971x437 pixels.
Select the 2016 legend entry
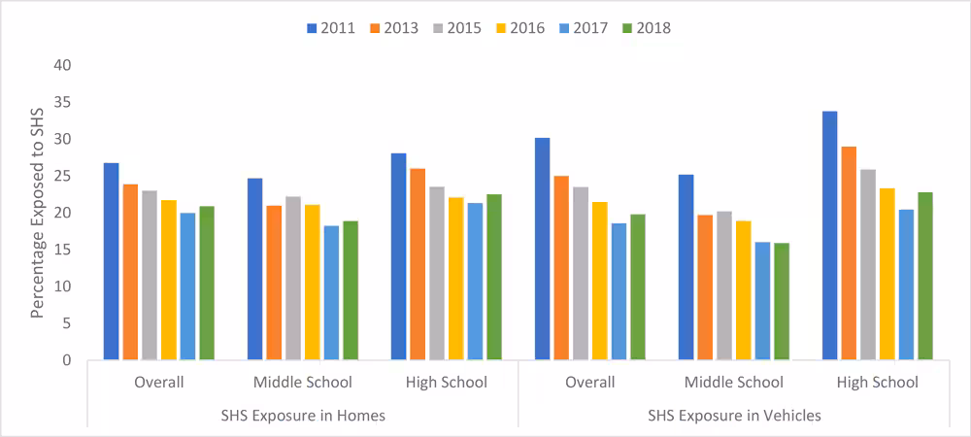coord(521,28)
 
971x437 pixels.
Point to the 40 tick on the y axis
coord(61,65)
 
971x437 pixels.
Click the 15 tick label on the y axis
coord(61,250)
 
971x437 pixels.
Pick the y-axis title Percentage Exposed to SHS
coord(37,214)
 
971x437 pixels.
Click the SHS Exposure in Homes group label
coord(302,416)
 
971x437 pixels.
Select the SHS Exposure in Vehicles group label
coord(734,416)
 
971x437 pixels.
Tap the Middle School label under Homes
coord(302,383)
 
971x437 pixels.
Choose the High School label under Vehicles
coord(878,383)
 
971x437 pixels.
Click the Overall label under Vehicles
coord(590,383)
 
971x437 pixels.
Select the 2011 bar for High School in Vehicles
coord(830,236)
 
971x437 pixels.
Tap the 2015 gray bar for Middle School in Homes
coord(292,278)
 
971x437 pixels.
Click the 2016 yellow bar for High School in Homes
coord(455,279)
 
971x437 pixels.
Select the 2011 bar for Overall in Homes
coord(111,261)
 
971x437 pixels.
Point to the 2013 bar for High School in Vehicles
coord(849,253)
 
